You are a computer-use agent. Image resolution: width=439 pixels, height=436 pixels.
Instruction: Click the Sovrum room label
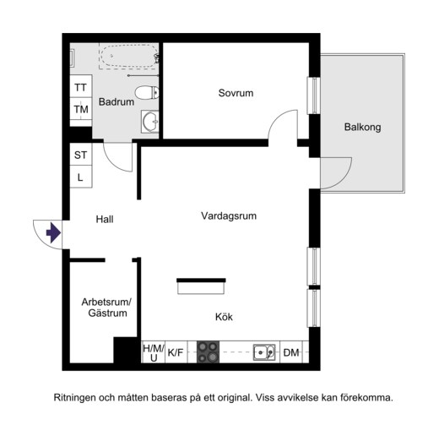point(236,93)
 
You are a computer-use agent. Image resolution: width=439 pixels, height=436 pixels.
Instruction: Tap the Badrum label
point(117,101)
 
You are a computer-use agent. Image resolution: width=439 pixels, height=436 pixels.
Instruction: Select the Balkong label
point(362,127)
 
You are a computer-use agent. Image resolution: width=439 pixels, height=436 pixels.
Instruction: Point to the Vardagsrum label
point(229,216)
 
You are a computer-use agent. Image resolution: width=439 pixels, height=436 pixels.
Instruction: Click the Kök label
point(224,317)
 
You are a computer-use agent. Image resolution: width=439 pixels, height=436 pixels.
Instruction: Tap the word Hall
point(105,219)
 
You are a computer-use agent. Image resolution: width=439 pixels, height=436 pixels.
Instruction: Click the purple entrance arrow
point(53,232)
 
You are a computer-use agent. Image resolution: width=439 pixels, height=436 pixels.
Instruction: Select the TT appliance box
point(81,86)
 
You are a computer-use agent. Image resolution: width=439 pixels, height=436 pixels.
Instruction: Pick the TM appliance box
point(81,109)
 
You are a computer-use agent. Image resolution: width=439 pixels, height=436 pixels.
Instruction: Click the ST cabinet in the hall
point(81,155)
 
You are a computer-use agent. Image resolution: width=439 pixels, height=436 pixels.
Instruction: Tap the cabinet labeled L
point(81,177)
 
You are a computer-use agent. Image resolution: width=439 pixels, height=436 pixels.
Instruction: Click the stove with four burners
point(208,352)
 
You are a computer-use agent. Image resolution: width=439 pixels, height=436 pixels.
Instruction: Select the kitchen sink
point(264,352)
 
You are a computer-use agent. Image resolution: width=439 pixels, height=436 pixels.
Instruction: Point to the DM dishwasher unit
point(291,352)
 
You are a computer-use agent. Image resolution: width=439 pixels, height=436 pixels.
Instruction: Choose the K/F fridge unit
point(176,352)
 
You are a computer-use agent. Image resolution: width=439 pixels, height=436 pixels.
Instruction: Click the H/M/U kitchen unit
point(153,352)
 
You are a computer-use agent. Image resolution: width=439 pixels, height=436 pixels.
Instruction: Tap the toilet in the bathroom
point(147,92)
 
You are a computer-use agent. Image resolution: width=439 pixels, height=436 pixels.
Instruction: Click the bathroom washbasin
point(150,122)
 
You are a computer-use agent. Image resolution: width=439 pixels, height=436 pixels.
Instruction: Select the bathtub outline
point(128,57)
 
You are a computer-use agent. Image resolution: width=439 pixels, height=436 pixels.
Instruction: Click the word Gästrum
point(107,313)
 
